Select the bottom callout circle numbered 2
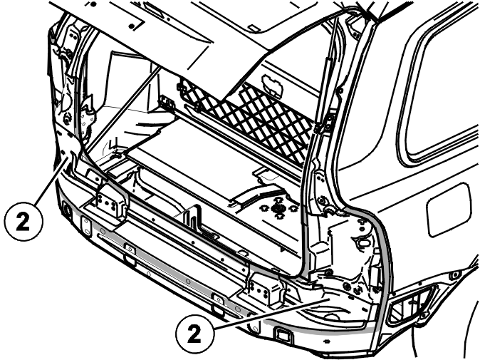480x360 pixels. (195, 334)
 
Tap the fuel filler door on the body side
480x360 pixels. (449, 210)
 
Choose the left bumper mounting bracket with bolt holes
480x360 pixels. (109, 202)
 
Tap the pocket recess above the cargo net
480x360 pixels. (272, 84)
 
